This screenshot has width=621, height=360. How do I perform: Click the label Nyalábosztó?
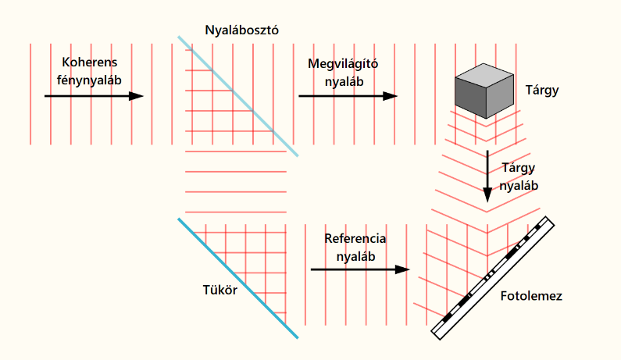point(241,30)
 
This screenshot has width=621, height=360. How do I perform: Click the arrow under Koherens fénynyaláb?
point(94,96)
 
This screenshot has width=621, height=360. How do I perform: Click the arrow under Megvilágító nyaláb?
point(348,96)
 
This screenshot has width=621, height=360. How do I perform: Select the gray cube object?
point(484,90)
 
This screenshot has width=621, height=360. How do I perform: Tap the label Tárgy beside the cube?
point(543,91)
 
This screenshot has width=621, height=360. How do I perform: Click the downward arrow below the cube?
point(487,176)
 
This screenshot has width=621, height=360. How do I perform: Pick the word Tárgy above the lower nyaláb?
point(519,169)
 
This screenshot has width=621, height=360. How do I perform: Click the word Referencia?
point(355,239)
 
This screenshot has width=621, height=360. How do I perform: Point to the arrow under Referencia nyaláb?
point(360,269)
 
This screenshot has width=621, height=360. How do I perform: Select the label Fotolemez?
point(531,297)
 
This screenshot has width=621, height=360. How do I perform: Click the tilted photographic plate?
point(493,277)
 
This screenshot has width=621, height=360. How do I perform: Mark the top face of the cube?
point(485,75)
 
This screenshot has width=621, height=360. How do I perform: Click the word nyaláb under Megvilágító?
point(343,80)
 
